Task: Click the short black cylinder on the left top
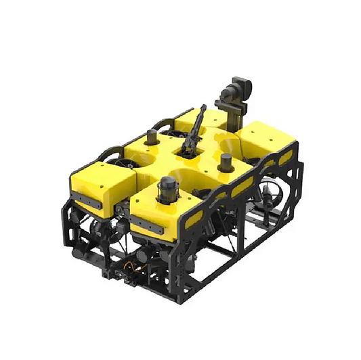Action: [150, 139]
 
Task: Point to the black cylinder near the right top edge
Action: [226, 162]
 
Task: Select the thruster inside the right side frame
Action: [270, 197]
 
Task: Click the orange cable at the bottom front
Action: [140, 267]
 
